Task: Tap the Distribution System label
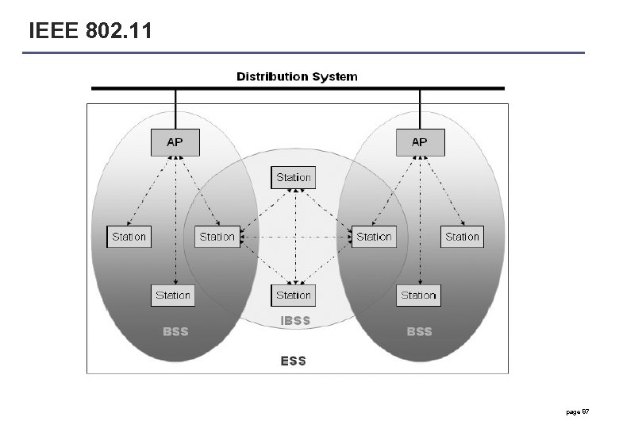[297, 77]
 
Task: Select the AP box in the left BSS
[175, 142]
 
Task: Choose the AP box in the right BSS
[420, 142]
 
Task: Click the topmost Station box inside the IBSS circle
[294, 177]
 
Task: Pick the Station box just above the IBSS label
[294, 295]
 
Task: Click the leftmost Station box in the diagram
[129, 237]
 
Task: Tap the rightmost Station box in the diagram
[462, 237]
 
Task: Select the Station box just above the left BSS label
[173, 295]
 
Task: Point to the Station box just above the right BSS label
[418, 295]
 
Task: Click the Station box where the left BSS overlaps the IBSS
[217, 237]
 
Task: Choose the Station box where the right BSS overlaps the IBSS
[374, 237]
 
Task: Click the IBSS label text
[295, 321]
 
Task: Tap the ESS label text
[293, 361]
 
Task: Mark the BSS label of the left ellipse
[175, 331]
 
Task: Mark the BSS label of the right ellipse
[419, 331]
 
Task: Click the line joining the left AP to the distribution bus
[175, 109]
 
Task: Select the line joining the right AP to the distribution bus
[420, 109]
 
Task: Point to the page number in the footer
[577, 412]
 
